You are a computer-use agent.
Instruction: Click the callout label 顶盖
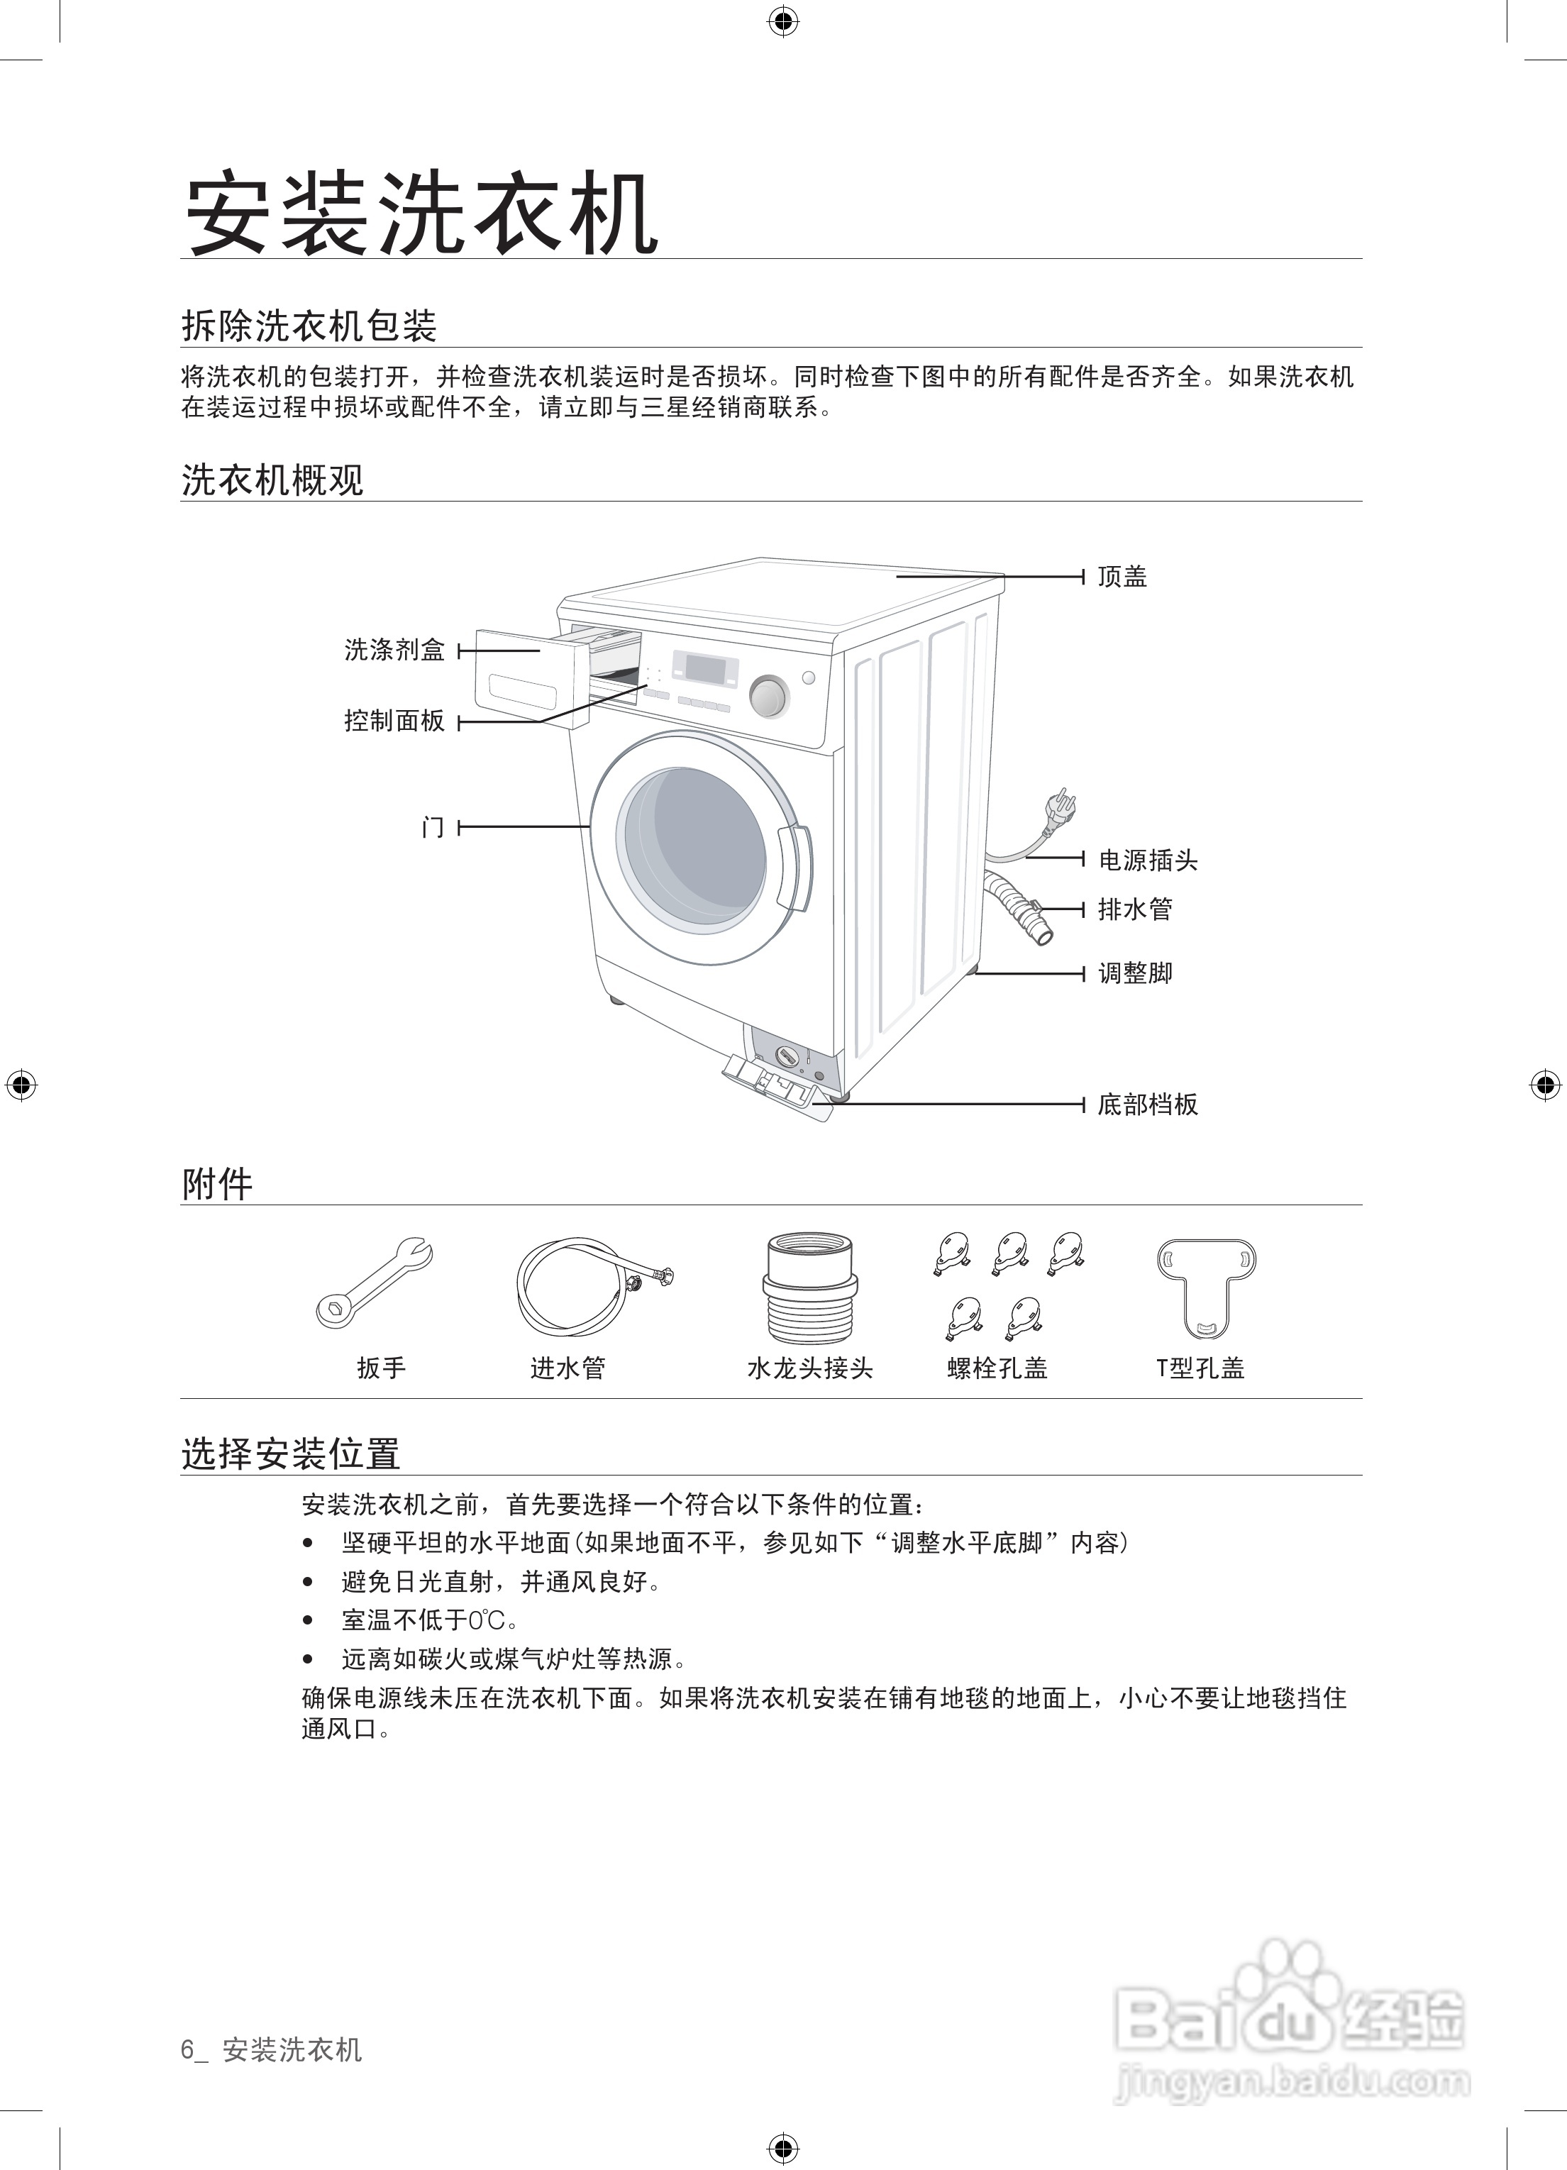(x=1122, y=577)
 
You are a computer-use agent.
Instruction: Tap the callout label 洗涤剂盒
(x=394, y=651)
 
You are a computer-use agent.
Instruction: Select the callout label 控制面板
(x=394, y=721)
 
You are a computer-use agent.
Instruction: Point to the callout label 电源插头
(x=1147, y=860)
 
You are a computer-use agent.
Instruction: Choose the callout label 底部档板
(x=1147, y=1105)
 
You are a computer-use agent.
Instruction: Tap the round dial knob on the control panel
(x=768, y=697)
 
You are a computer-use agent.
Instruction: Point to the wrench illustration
(x=375, y=1282)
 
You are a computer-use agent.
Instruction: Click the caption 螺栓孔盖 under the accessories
(x=998, y=1368)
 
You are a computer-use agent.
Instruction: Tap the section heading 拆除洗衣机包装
(x=309, y=326)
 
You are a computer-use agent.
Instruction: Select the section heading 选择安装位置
(x=291, y=1454)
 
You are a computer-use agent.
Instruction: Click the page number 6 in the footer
(x=187, y=2049)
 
